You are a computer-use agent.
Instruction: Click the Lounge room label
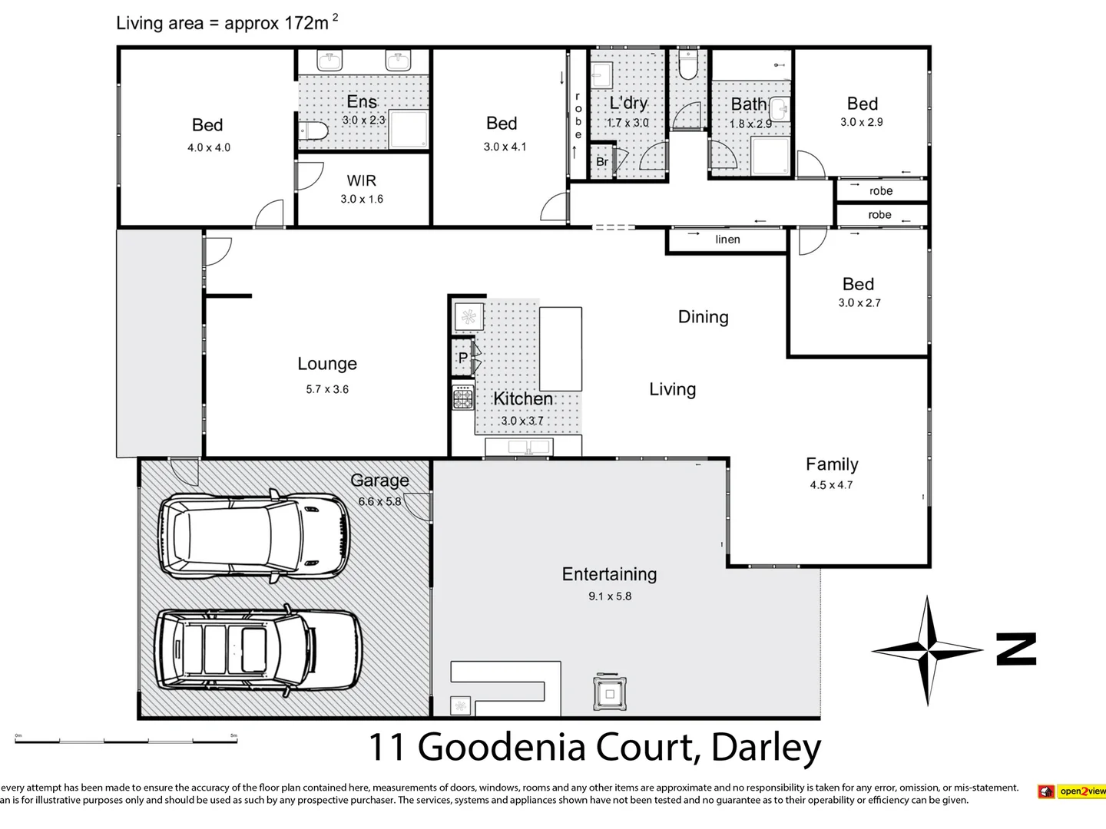tap(327, 364)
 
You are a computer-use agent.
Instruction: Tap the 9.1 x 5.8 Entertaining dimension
tap(610, 596)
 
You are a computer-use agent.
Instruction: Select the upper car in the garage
tap(253, 535)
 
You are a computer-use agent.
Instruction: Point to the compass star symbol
tap(928, 651)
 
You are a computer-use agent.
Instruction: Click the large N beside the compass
tap(1015, 649)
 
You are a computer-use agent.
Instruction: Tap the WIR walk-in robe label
tap(361, 181)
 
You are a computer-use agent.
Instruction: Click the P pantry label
tap(462, 358)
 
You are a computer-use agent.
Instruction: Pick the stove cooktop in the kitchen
tap(462, 398)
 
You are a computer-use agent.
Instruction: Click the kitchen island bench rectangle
tap(560, 348)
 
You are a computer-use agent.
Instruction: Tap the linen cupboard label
tap(727, 239)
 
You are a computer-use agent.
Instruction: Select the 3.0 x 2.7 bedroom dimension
tap(859, 303)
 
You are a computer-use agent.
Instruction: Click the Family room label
tap(832, 464)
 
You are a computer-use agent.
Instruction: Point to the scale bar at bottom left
tap(127, 741)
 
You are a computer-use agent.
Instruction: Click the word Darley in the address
tap(766, 747)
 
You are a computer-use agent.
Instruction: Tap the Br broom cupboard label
tap(602, 162)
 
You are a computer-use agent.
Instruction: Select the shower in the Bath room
tap(770, 156)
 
